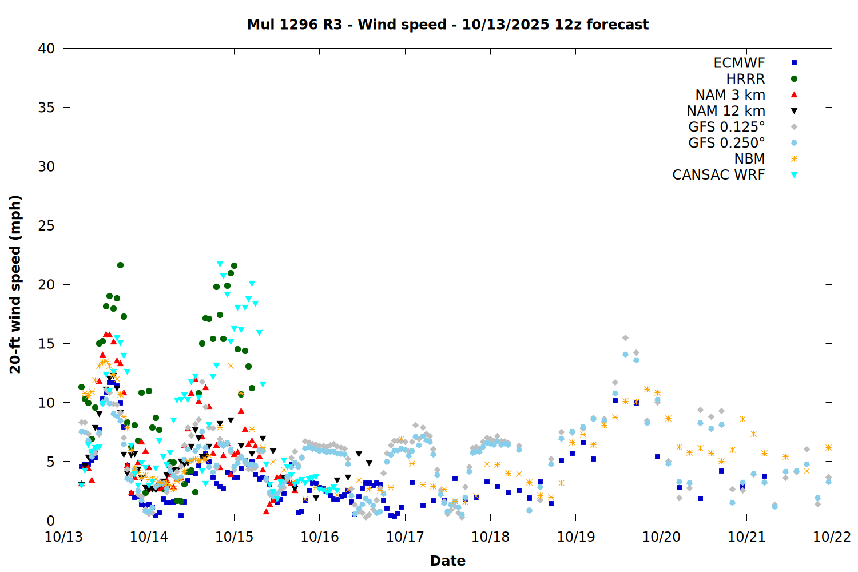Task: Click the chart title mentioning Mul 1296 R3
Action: [447, 25]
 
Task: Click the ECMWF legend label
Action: [739, 63]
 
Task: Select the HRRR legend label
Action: [745, 79]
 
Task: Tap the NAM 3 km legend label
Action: [730, 95]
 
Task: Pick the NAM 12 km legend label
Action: [726, 111]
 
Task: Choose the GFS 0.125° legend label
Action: [726, 127]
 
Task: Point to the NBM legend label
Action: [749, 159]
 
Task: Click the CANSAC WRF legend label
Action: [718, 175]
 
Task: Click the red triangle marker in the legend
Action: [794, 95]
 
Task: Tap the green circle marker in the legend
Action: [794, 79]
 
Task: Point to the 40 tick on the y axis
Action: [46, 49]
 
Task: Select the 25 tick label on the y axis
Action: [46, 225]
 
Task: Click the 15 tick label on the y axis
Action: [46, 344]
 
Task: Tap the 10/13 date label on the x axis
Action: [63, 537]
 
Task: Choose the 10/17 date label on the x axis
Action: [404, 537]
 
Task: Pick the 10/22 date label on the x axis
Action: [832, 537]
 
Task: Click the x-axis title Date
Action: [447, 561]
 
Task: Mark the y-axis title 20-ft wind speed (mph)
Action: [15, 284]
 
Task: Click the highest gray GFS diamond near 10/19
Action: [625, 338]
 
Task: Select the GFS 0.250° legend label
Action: [726, 143]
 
